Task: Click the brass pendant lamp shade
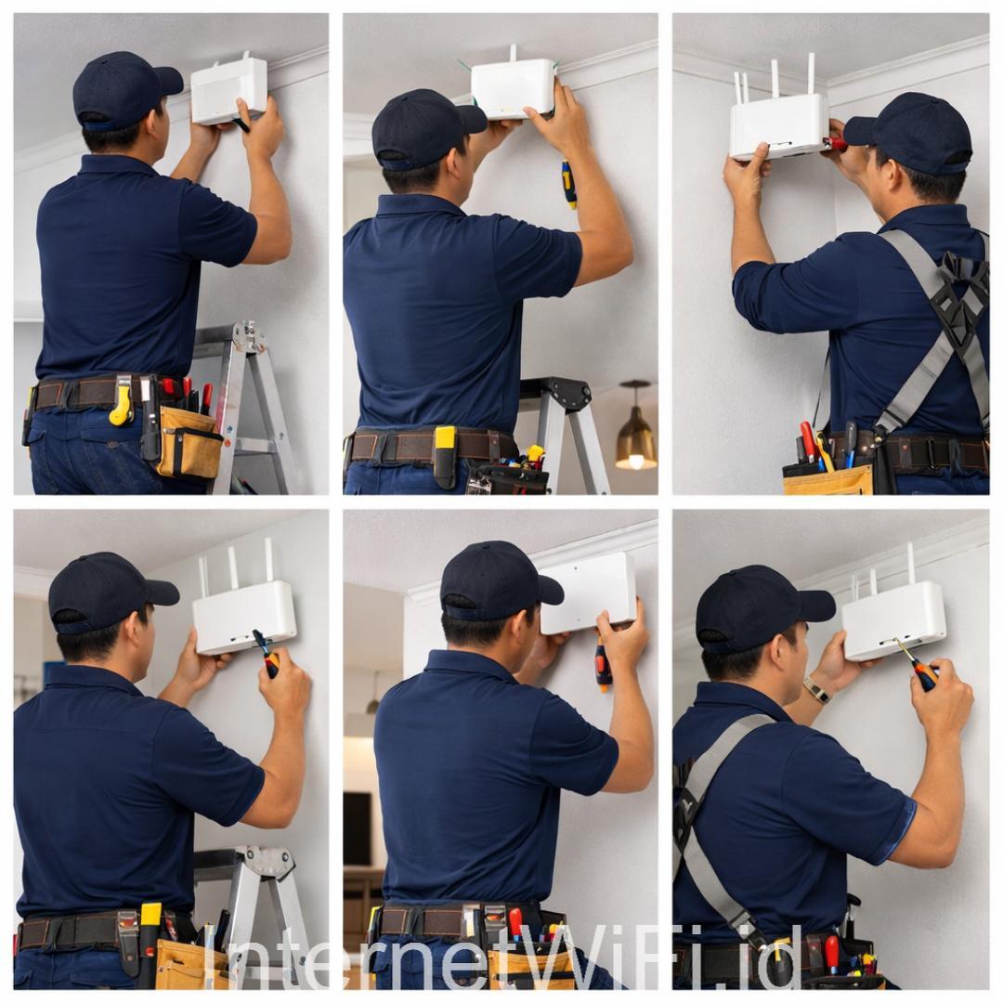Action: point(636,436)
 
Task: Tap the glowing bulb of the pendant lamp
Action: point(636,462)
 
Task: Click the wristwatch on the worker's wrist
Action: point(816,689)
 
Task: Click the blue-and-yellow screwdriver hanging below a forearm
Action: point(568,184)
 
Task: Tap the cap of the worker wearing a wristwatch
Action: point(759,605)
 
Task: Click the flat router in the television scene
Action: point(587,593)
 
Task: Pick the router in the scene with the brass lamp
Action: point(513,85)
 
